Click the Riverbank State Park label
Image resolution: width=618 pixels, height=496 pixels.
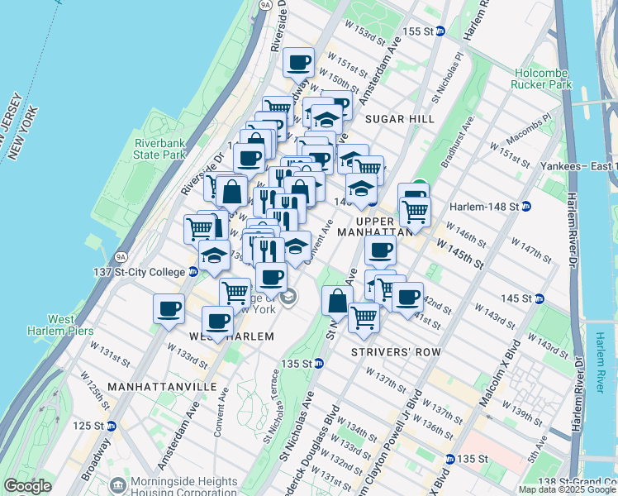(x=159, y=148)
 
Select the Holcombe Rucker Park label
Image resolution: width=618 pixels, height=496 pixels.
(x=542, y=79)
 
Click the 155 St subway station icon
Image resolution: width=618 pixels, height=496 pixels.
(x=440, y=31)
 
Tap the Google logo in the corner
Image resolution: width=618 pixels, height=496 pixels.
(x=27, y=486)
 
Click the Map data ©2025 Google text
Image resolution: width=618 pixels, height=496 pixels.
(x=566, y=489)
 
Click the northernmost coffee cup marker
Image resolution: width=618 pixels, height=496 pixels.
(x=298, y=61)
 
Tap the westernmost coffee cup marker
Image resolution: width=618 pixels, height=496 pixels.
(x=169, y=308)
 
